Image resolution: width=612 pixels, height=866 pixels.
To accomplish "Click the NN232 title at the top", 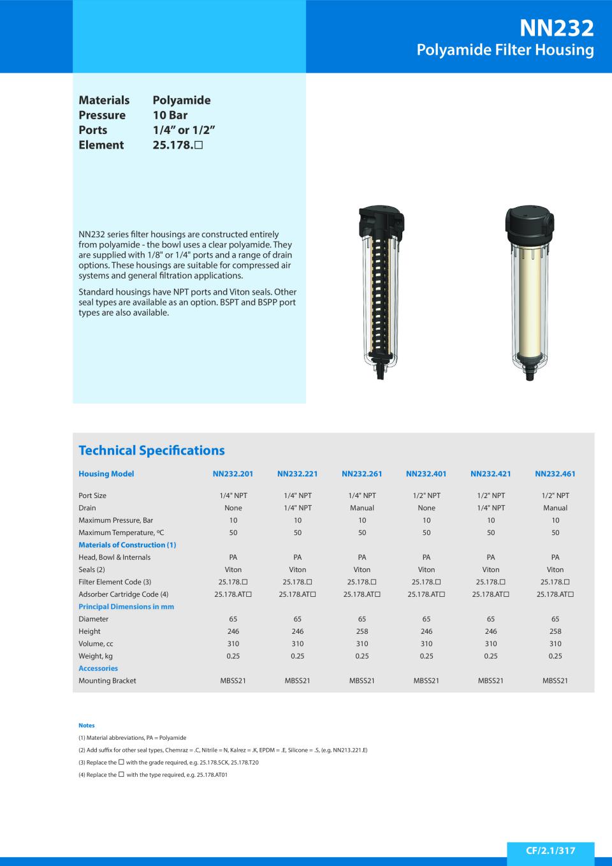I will coord(557,27).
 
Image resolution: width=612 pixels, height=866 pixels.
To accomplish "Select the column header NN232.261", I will coord(361,474).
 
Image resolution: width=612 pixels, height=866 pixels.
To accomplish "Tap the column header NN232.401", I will coord(426,474).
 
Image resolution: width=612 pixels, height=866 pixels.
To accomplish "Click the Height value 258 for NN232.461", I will coord(555,631).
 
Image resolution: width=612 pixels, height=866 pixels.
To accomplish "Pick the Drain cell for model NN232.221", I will coord(297,508).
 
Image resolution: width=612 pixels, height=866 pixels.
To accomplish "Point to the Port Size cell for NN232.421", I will coord(490,495).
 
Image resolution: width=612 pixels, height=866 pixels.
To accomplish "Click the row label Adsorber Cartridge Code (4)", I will coord(123,594).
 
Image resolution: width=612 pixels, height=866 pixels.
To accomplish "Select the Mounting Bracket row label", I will coord(107,681).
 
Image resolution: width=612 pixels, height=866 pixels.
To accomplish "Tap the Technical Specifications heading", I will coord(151,450).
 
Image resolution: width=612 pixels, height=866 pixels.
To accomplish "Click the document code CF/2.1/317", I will coord(550,851).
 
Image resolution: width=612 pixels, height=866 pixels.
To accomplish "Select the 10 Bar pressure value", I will coord(170,115).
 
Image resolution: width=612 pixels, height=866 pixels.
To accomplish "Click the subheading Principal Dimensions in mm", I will coord(126,606).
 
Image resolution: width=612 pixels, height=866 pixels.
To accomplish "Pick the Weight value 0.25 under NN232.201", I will coord(233,656).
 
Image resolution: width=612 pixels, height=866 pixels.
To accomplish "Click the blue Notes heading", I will coord(86,725).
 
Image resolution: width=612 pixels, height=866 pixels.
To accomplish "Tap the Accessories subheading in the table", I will coord(98,668).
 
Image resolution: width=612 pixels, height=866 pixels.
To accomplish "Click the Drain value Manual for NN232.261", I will coord(361,508).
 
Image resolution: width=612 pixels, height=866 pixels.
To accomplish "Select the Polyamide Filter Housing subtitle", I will coord(505,50).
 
